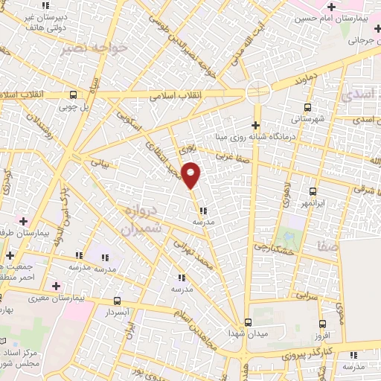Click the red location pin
pyautogui.click(x=191, y=174)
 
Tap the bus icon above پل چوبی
pyautogui.click(x=73, y=95)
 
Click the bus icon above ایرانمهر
pyautogui.click(x=313, y=191)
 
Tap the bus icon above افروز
pyautogui.click(x=321, y=324)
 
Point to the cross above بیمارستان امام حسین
pyautogui.click(x=331, y=7)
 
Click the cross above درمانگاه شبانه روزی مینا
pyautogui.click(x=256, y=124)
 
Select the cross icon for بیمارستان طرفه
pyautogui.click(x=24, y=221)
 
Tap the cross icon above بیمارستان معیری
pyautogui.click(x=56, y=286)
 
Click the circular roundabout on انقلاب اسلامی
pyautogui.click(x=257, y=92)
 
